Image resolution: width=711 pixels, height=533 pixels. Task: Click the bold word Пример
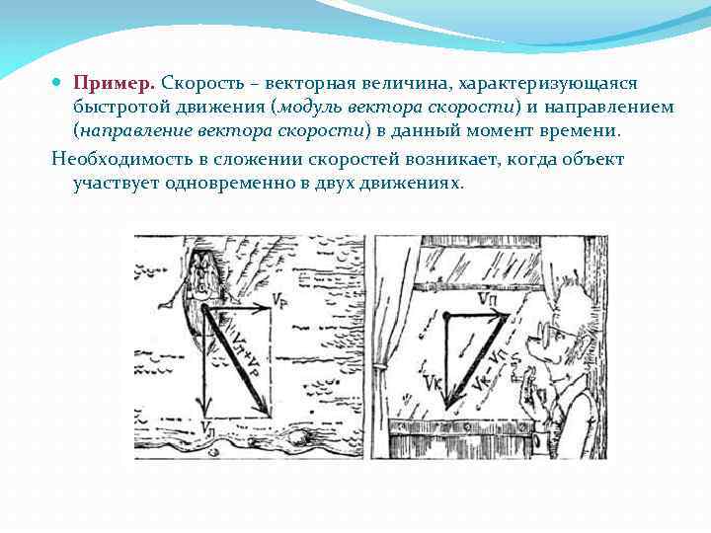click(x=114, y=85)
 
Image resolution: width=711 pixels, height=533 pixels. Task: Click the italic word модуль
click(x=314, y=108)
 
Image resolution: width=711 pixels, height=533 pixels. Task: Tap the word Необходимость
click(x=118, y=159)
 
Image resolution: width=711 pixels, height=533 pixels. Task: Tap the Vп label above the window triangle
click(x=487, y=298)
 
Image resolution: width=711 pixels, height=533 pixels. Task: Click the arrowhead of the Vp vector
click(x=265, y=308)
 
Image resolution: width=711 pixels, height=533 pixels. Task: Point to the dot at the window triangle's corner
click(x=446, y=315)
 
